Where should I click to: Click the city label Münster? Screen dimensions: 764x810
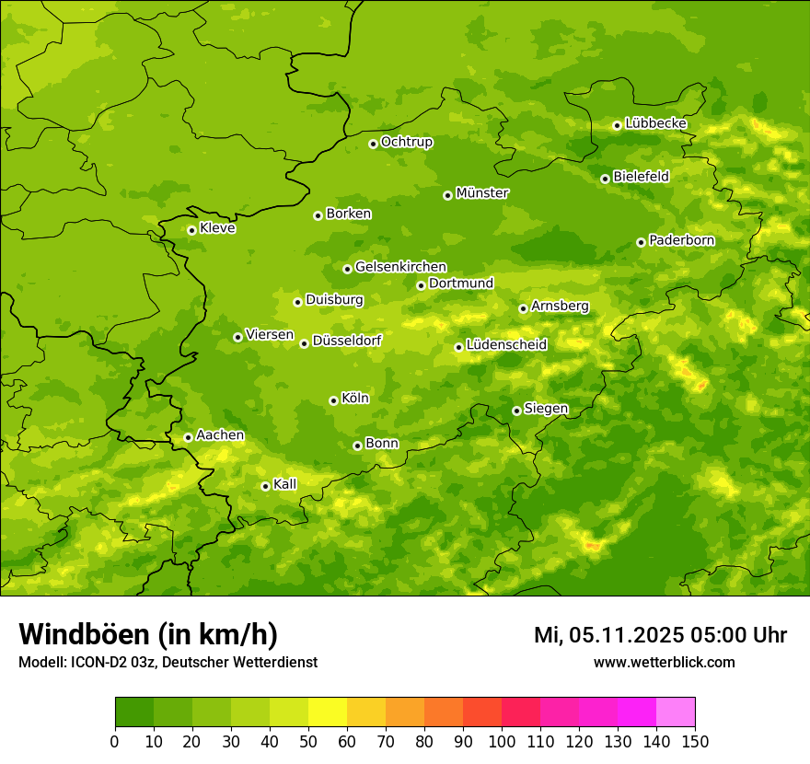482,193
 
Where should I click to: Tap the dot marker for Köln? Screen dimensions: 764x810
333,400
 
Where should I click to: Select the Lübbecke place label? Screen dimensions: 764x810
655,123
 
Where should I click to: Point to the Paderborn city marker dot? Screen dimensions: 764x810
641,242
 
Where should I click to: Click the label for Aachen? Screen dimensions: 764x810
220,435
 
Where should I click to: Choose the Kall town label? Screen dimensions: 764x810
285,484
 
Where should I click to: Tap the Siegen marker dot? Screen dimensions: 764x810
516,411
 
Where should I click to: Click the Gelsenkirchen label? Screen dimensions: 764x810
400,267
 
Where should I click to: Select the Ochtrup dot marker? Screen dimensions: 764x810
373,144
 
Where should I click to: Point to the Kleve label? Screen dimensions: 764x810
217,228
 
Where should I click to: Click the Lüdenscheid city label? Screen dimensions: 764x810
506,345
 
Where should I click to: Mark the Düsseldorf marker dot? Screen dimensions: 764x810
304,343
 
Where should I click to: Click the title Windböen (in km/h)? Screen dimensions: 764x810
148,634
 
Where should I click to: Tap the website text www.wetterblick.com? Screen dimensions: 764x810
664,662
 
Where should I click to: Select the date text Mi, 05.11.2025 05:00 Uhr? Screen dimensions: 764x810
660,635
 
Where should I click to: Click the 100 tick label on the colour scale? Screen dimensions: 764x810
502,742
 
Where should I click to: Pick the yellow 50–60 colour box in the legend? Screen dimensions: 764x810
328,712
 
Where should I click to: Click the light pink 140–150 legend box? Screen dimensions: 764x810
676,712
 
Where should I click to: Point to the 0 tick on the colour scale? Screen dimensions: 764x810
115,742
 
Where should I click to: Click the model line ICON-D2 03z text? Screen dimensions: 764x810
168,662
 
